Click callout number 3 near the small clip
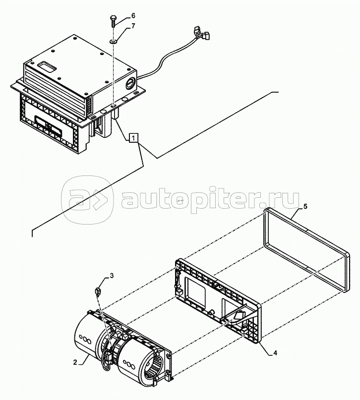coord(111,276)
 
